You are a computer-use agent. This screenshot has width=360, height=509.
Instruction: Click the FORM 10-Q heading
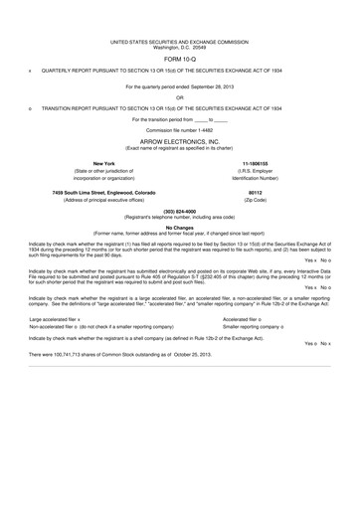(179, 58)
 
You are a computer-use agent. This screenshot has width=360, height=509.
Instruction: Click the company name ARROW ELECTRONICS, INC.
(179, 139)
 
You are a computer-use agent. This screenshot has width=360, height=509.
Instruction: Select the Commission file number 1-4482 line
(179, 130)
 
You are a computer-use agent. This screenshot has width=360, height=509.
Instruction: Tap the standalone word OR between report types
(179, 96)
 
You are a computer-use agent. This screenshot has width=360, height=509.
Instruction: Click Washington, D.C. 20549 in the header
(179, 46)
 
